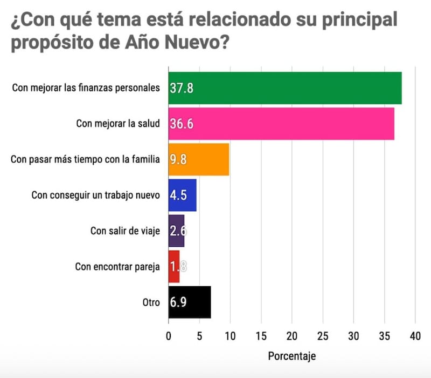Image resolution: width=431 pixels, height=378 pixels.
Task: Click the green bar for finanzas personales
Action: tap(285, 88)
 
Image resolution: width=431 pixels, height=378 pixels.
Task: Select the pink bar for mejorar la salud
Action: tap(281, 124)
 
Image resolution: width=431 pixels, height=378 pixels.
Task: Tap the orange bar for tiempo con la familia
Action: tap(199, 159)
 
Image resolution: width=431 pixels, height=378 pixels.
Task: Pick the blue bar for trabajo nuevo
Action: tap(183, 195)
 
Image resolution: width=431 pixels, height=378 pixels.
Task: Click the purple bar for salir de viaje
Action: tap(177, 231)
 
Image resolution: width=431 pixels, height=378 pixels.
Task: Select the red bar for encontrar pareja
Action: tap(174, 266)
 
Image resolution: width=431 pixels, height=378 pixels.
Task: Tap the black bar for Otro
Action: tap(190, 302)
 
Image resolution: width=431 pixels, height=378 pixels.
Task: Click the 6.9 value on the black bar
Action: tap(178, 302)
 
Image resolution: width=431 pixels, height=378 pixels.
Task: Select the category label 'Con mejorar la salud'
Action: tap(118, 124)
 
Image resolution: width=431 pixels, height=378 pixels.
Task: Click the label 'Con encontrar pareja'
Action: tap(117, 266)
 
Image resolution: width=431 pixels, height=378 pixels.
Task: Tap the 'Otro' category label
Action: tap(151, 302)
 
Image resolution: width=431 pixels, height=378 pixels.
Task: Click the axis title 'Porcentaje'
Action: tap(291, 356)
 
